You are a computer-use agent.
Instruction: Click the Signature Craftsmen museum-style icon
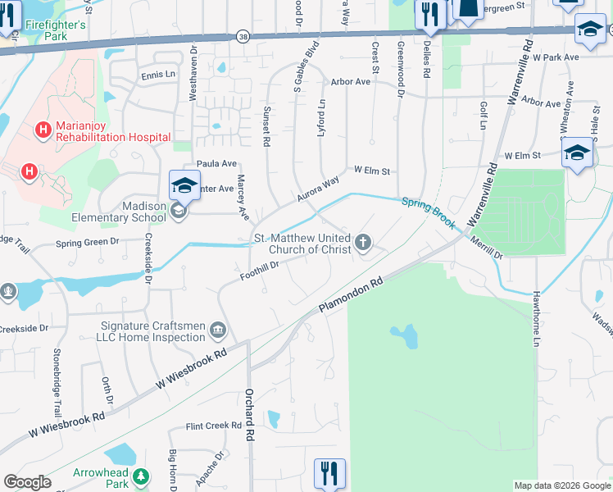coord(218,331)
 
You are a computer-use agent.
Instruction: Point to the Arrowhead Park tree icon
coord(142,476)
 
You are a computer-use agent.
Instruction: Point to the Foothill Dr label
coord(261,271)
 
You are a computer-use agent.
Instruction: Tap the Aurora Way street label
coord(318,191)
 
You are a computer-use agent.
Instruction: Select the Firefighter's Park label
coord(55,30)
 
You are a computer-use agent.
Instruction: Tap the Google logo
coord(27,482)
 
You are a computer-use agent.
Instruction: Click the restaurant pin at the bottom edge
coord(329,474)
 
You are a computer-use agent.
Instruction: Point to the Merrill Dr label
coord(487,248)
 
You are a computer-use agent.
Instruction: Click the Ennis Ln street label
coord(158,75)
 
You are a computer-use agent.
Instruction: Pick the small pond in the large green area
coord(403,335)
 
